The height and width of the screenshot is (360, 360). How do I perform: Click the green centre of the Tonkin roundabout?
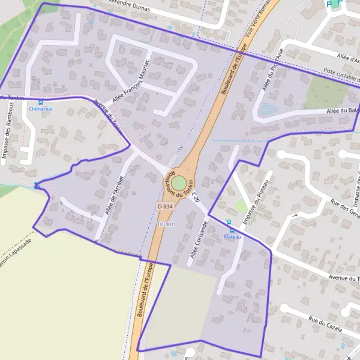pyautogui.click(x=179, y=181)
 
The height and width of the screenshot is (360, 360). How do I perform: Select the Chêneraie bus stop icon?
pyautogui.click(x=41, y=102)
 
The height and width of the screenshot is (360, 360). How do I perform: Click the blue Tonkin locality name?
pyautogui.click(x=166, y=224)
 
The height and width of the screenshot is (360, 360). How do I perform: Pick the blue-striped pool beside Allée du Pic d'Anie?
pyautogui.click(x=268, y=109)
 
